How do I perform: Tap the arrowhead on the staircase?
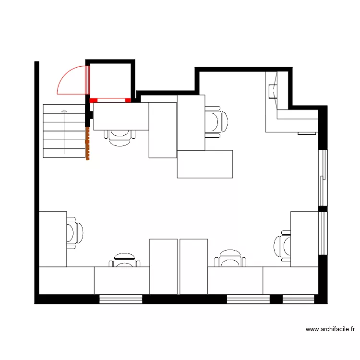[x=64, y=111]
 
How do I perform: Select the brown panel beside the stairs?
[x=88, y=144]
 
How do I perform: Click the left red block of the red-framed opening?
[x=94, y=100]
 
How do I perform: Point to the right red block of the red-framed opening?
[x=128, y=100]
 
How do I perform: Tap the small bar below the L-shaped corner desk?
[x=306, y=133]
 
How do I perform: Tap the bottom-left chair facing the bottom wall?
[x=124, y=260]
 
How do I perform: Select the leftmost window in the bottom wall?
[x=121, y=300]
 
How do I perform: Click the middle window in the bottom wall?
[x=248, y=300]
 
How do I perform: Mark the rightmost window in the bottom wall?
[x=298, y=300]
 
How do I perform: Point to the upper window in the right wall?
[x=323, y=178]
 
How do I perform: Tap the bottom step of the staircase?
[x=64, y=153]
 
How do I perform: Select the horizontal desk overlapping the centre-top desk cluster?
[x=204, y=164]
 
